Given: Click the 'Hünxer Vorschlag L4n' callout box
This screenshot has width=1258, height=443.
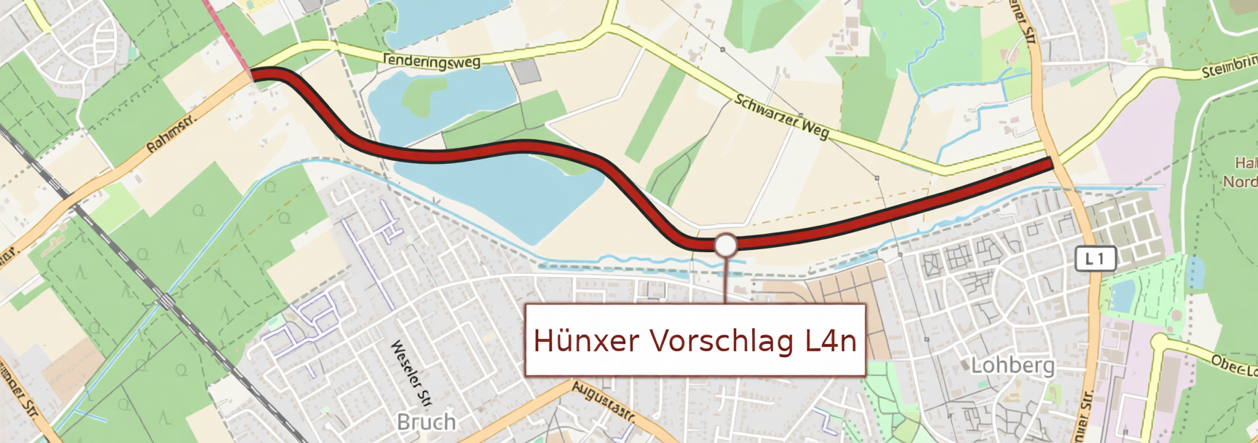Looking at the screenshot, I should pyautogui.click(x=695, y=340).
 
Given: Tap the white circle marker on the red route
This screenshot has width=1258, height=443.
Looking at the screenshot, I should pyautogui.click(x=725, y=246).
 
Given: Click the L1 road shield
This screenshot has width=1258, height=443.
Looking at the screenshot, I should pyautogui.click(x=1095, y=259).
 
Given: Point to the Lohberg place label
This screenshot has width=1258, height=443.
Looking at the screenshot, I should pyautogui.click(x=1013, y=365).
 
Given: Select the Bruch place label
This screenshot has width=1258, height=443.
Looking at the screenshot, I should pyautogui.click(x=427, y=422).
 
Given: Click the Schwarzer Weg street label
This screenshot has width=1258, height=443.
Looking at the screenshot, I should pyautogui.click(x=782, y=117).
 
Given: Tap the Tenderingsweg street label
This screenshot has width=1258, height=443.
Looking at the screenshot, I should pyautogui.click(x=432, y=61).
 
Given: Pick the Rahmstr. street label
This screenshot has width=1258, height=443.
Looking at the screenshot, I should pyautogui.click(x=171, y=135).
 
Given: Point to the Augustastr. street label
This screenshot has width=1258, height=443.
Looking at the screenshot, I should pyautogui.click(x=604, y=401).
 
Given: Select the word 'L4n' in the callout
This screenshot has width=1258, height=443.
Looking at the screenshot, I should pyautogui.click(x=831, y=340).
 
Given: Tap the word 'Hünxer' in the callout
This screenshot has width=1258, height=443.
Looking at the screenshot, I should pyautogui.click(x=587, y=340).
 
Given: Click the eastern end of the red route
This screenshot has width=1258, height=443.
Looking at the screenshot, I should pyautogui.click(x=1051, y=162).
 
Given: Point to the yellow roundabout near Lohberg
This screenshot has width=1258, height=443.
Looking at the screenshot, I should pyautogui.click(x=1161, y=342).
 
